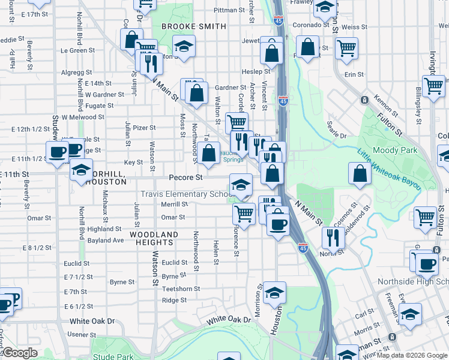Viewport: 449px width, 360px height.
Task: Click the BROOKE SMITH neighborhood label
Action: point(185,26)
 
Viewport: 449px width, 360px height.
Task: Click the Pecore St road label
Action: point(185,178)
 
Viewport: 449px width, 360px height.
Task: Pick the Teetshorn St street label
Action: point(181,289)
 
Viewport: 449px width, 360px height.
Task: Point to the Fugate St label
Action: point(100,106)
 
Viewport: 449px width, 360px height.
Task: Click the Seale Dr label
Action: point(336,135)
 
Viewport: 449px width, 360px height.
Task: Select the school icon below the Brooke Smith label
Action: point(184,46)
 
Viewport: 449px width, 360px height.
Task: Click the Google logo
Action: point(20,353)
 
